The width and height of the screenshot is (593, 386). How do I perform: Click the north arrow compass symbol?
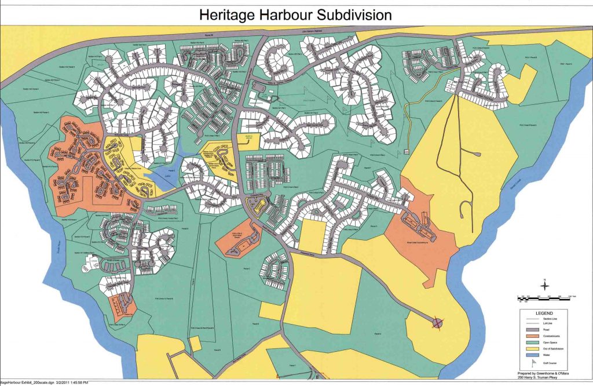pyautogui.click(x=544, y=286)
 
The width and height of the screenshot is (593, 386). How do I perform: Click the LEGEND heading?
pyautogui.click(x=544, y=314)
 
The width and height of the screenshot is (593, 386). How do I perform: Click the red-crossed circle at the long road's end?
pyautogui.click(x=437, y=323)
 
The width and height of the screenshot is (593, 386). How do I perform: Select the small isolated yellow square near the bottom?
pyautogui.click(x=196, y=343)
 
